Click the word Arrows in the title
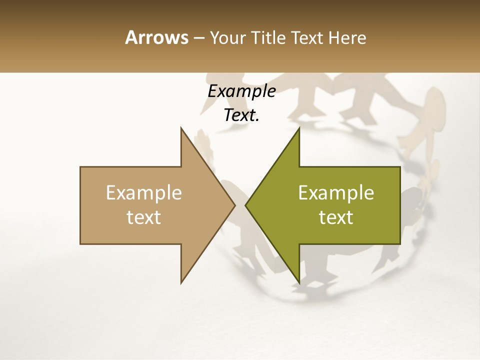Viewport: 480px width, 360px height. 156,37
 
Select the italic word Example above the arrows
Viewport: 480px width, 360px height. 241,91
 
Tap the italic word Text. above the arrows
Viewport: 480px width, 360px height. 241,115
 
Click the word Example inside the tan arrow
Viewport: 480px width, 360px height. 144,193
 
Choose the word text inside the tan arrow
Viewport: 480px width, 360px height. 144,217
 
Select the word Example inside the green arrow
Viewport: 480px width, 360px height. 336,193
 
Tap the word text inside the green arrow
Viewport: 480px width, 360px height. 336,217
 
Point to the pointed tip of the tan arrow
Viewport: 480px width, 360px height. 234,205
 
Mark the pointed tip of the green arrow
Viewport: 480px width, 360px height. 245,205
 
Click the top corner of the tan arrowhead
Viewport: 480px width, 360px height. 181,128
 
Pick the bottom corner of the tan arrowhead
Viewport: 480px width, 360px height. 181,283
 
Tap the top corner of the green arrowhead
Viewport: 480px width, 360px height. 299,128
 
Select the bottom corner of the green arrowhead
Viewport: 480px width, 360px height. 299,283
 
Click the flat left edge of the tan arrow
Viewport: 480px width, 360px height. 80,205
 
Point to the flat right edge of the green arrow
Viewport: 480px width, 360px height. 400,205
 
